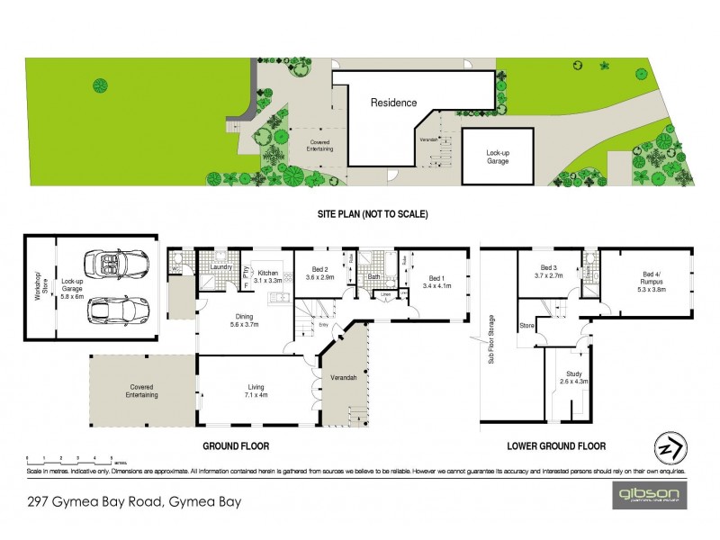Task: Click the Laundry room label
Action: (x=221, y=267)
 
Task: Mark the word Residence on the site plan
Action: (x=394, y=103)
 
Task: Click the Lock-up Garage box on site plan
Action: (x=498, y=157)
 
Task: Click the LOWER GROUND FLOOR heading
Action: (x=555, y=445)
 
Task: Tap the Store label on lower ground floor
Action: (x=526, y=325)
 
